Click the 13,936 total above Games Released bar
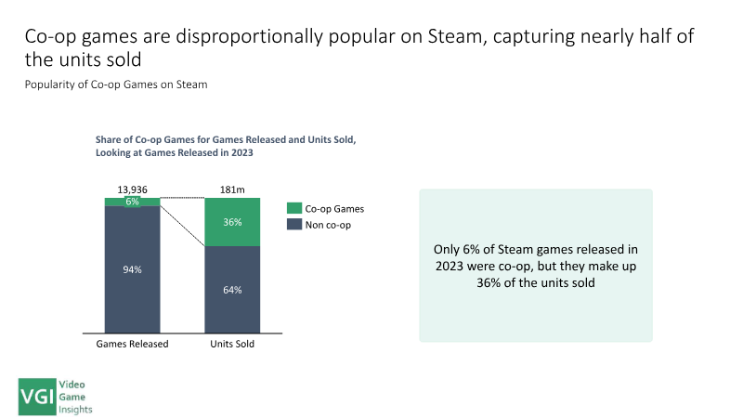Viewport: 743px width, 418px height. click(x=132, y=189)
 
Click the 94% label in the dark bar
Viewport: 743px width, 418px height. click(x=132, y=269)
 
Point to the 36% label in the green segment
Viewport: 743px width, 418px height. click(x=232, y=223)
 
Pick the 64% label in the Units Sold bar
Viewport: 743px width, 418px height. click(x=232, y=290)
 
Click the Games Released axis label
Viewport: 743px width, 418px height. click(x=132, y=344)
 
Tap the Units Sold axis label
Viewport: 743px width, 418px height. click(x=232, y=344)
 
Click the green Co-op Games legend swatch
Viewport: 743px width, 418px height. click(x=295, y=209)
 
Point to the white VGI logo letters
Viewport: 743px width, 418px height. click(x=38, y=395)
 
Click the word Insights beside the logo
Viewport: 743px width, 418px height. click(x=77, y=407)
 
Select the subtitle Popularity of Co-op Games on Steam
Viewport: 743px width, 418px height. click(x=115, y=85)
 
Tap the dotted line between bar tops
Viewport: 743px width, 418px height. click(x=182, y=198)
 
